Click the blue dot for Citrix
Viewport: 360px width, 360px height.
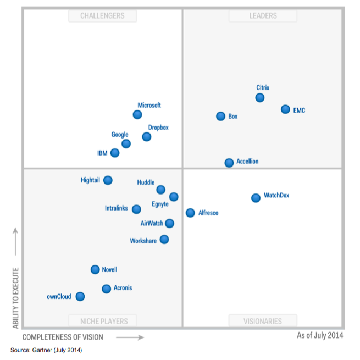[x=260, y=98]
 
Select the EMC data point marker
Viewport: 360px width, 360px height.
[x=285, y=109]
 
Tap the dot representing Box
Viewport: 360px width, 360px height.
[x=220, y=116]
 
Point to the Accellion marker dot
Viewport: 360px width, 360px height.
[x=229, y=163]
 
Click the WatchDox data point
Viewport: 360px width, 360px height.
[x=256, y=198]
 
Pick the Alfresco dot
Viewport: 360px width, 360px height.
[x=190, y=213]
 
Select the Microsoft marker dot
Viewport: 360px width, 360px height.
[x=137, y=115]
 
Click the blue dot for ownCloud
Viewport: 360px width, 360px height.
[x=80, y=296]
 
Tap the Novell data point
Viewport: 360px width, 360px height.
[x=95, y=269]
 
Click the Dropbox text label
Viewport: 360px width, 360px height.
[x=158, y=128]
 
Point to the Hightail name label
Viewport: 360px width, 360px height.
[x=90, y=180]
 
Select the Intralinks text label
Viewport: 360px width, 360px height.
[x=116, y=208]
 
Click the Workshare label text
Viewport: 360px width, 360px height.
[x=143, y=241]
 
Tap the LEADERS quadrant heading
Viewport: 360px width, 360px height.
[x=263, y=16]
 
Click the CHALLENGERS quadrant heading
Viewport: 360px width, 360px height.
[x=102, y=16]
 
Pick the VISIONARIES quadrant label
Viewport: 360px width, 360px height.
[x=263, y=321]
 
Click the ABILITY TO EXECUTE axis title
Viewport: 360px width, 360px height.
[x=16, y=297]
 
